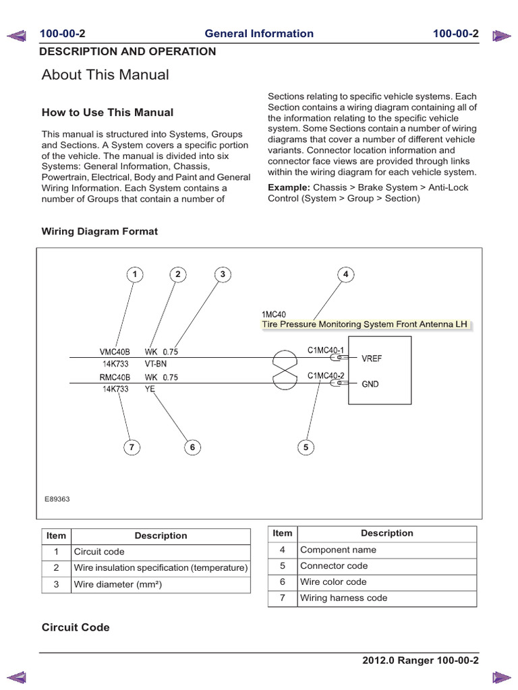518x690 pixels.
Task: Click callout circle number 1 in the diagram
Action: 134,274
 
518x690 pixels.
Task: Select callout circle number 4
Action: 345,274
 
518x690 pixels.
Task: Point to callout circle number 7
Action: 133,447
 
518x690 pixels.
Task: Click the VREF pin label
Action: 372,359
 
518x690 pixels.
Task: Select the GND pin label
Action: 370,384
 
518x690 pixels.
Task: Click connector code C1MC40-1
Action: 326,350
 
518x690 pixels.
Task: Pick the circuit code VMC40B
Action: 114,352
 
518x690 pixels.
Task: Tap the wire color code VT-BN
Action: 156,363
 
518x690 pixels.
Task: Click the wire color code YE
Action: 150,389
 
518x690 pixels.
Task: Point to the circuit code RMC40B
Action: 114,378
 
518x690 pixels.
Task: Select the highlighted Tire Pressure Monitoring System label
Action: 364,324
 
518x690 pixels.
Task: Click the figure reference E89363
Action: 57,499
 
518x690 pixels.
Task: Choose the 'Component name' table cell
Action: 338,550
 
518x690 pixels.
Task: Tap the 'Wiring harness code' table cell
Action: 343,598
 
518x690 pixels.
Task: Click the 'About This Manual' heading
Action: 105,75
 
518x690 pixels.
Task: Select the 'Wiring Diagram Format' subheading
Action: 100,231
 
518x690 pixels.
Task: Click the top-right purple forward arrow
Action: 501,34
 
